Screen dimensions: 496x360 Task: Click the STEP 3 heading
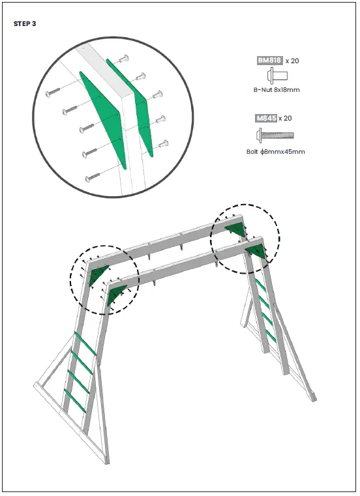pyautogui.click(x=25, y=23)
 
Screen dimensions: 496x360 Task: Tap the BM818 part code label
pyautogui.click(x=269, y=61)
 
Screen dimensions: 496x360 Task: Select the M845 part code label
pyautogui.click(x=266, y=118)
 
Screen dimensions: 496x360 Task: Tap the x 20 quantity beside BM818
pyautogui.click(x=292, y=61)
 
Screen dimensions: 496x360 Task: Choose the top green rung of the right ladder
pyautogui.click(x=260, y=285)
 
